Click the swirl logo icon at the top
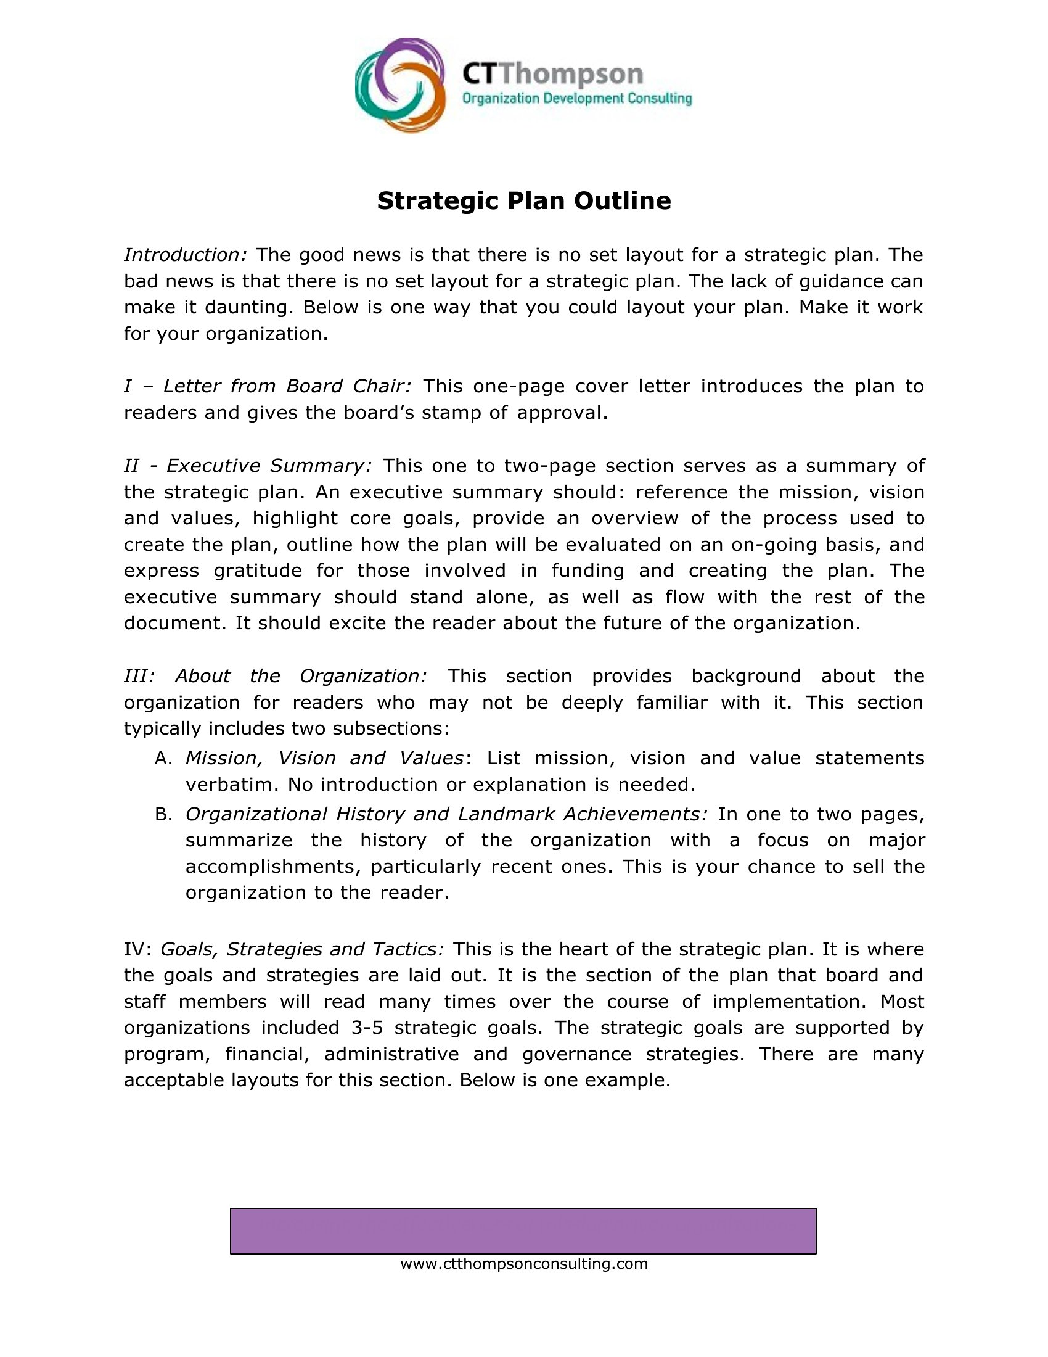tap(400, 85)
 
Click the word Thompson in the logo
tap(571, 75)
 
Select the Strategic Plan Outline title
tap(524, 200)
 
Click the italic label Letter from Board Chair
tap(287, 387)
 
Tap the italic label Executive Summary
tap(269, 466)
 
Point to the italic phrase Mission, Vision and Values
tap(324, 759)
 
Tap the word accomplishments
tap(273, 867)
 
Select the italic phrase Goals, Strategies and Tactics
tap(302, 949)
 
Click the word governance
tap(577, 1054)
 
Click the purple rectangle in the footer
tap(523, 1231)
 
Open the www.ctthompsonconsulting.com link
tap(524, 1264)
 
